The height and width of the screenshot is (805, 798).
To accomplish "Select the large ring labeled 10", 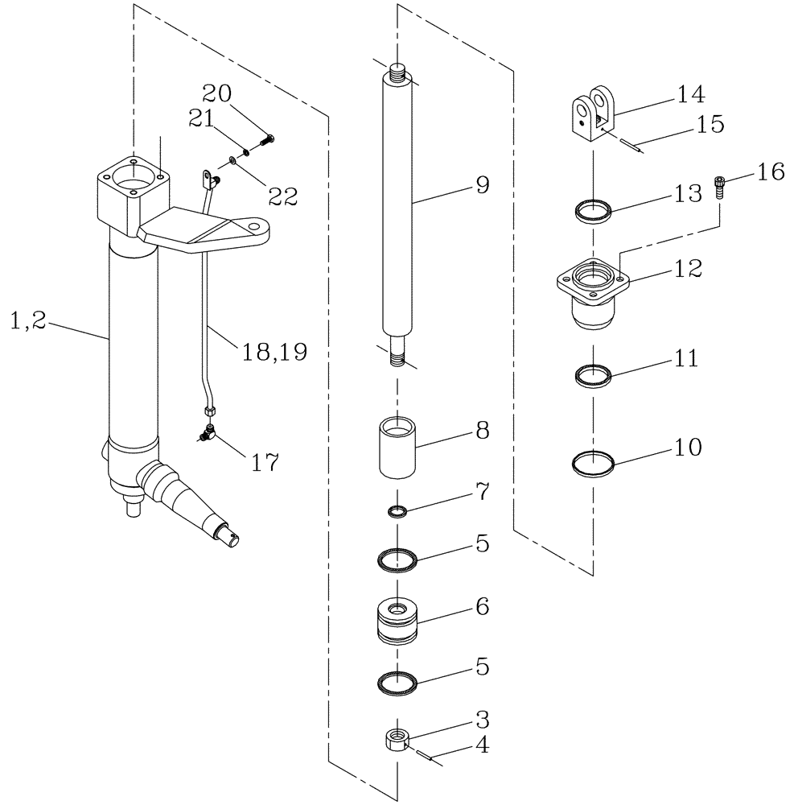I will click(593, 464).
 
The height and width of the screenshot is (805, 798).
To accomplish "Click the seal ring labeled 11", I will click(593, 375).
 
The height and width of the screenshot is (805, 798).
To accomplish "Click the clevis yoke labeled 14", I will click(594, 117).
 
